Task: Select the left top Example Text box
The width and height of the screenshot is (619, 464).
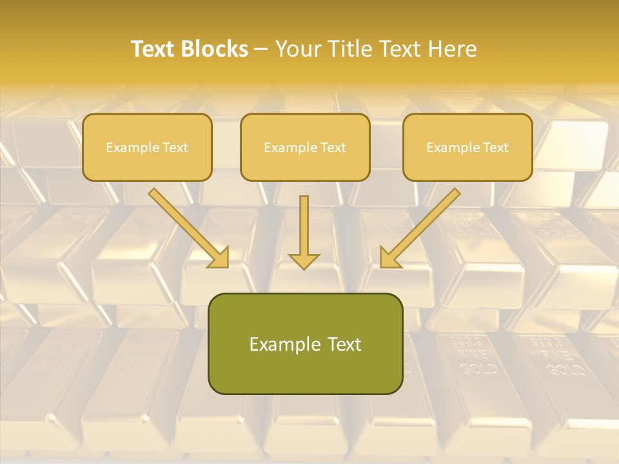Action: click(147, 147)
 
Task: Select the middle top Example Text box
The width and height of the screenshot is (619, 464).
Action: click(305, 147)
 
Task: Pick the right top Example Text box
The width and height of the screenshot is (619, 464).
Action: click(467, 147)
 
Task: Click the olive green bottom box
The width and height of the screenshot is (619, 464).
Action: click(305, 343)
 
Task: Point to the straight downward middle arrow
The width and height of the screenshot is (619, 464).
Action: click(304, 229)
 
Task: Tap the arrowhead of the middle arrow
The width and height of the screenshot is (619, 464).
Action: click(304, 260)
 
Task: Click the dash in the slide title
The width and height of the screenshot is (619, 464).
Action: click(261, 49)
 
